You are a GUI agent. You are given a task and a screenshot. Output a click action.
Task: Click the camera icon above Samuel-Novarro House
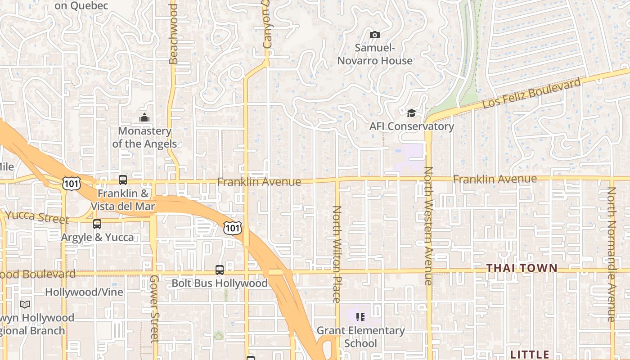coord(374,35)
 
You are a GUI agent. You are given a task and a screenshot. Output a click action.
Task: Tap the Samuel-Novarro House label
coord(375,54)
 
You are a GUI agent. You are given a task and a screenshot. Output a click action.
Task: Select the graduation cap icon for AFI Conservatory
coord(411,113)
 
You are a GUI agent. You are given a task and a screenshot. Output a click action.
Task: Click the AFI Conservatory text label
coord(412,126)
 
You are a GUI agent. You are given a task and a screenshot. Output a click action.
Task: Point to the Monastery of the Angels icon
coord(144,118)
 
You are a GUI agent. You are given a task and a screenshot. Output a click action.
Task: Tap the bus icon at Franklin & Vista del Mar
coord(123,180)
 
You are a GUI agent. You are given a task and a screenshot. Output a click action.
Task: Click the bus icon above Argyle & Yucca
coord(97,224)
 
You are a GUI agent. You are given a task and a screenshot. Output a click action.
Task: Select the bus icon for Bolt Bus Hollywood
coord(220,270)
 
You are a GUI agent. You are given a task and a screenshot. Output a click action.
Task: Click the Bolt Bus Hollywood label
coord(220,283)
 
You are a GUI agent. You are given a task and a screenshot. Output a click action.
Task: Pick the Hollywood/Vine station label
coord(84,292)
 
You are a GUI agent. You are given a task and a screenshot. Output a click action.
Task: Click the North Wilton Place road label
coord(337,254)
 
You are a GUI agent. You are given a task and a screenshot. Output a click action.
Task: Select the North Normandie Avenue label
coord(611,254)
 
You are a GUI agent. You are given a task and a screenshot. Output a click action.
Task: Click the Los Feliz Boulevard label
coord(531,93)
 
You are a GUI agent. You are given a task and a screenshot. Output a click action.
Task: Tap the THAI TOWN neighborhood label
coord(522,268)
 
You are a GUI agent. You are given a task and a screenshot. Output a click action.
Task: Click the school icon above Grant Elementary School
coord(360,318)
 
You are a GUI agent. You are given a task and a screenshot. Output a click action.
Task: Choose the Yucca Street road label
coord(38,217)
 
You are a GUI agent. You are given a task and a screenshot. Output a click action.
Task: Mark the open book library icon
coord(25,305)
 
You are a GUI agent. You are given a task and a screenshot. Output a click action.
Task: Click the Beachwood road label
coord(174,34)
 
